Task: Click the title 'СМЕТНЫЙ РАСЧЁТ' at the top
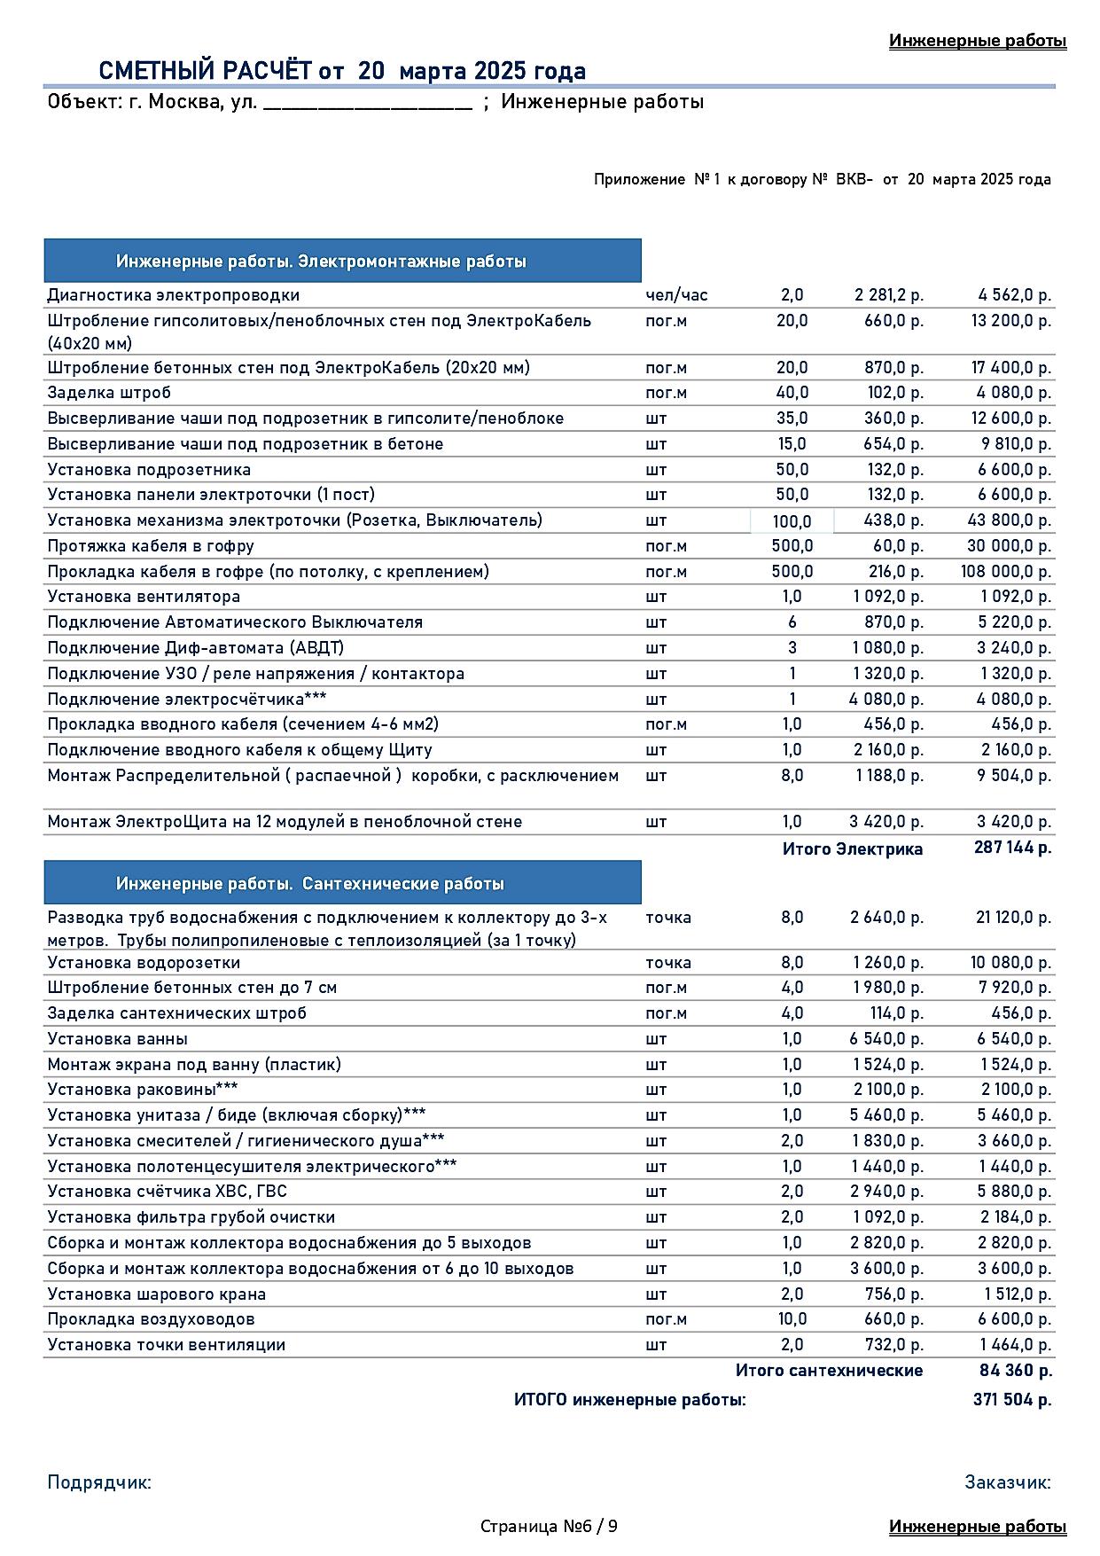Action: coord(205,71)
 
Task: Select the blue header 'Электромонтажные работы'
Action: coord(321,262)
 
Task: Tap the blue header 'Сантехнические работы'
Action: coord(310,884)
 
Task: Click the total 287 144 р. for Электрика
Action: coord(1012,848)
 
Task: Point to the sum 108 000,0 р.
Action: coord(1005,572)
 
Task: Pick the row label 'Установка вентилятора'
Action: coord(144,597)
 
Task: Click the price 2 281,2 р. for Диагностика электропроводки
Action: coord(888,295)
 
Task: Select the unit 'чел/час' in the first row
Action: coord(676,295)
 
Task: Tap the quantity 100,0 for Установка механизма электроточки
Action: coord(792,521)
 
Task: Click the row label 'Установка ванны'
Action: coord(117,1039)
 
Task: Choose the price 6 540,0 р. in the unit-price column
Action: coord(886,1039)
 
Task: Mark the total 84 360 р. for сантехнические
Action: coord(1015,1371)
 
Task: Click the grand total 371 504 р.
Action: coord(1012,1400)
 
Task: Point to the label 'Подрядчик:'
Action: coord(99,1482)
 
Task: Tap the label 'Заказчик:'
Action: coord(1008,1482)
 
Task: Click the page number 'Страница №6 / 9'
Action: coord(550,1526)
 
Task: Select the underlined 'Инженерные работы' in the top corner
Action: coord(978,41)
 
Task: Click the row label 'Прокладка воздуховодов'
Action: coord(151,1319)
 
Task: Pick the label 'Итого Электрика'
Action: coord(852,849)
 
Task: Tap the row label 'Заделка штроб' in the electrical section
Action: coord(109,393)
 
